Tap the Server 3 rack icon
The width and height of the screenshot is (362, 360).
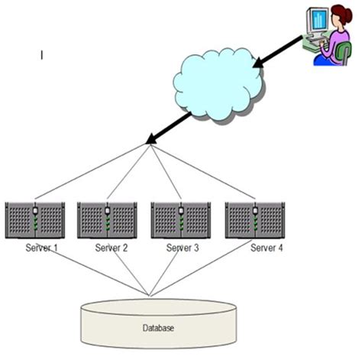182,221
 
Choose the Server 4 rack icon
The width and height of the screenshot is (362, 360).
255,221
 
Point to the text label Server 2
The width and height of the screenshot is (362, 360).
112,248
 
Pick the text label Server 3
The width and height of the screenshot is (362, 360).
184,248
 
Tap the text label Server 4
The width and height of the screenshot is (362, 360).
267,248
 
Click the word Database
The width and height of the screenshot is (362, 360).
157,328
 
